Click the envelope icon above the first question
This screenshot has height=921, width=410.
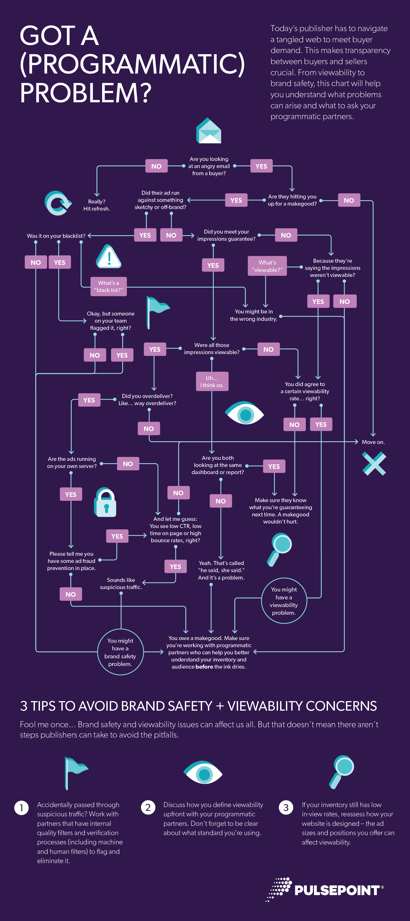209,131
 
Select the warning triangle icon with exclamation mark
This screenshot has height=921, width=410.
109,257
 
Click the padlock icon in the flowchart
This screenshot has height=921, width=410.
105,502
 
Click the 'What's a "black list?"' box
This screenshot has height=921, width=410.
108,286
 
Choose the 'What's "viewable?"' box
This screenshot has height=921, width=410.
267,266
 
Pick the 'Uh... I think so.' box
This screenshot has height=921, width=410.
212,382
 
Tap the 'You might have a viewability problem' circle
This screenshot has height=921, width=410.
284,601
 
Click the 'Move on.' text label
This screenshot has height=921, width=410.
373,442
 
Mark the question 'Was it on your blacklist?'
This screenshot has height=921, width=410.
56,236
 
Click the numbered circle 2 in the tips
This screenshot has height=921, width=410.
148,807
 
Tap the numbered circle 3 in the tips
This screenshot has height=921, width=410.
286,807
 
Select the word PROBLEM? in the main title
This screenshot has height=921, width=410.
86,93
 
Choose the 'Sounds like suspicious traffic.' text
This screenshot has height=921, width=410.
121,584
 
